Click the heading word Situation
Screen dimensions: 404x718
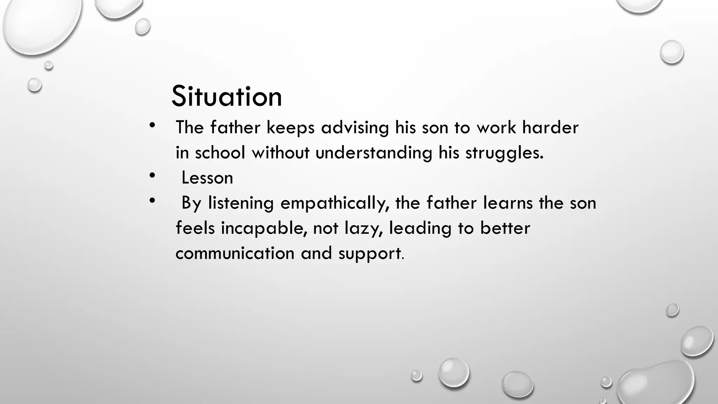pos(226,97)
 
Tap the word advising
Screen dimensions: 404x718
pos(355,127)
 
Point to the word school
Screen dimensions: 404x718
pos(220,153)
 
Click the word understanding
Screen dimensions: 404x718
pos(374,153)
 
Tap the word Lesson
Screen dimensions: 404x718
pos(207,178)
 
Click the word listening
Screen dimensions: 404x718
pos(241,203)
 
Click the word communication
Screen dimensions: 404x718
pos(235,254)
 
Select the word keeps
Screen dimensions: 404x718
pos(290,128)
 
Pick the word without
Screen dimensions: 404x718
pos(280,153)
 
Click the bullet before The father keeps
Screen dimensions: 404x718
pos(152,126)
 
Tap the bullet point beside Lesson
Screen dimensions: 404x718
pos(152,176)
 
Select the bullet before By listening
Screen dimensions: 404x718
pos(152,201)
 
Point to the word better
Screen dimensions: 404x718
pos(505,228)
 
